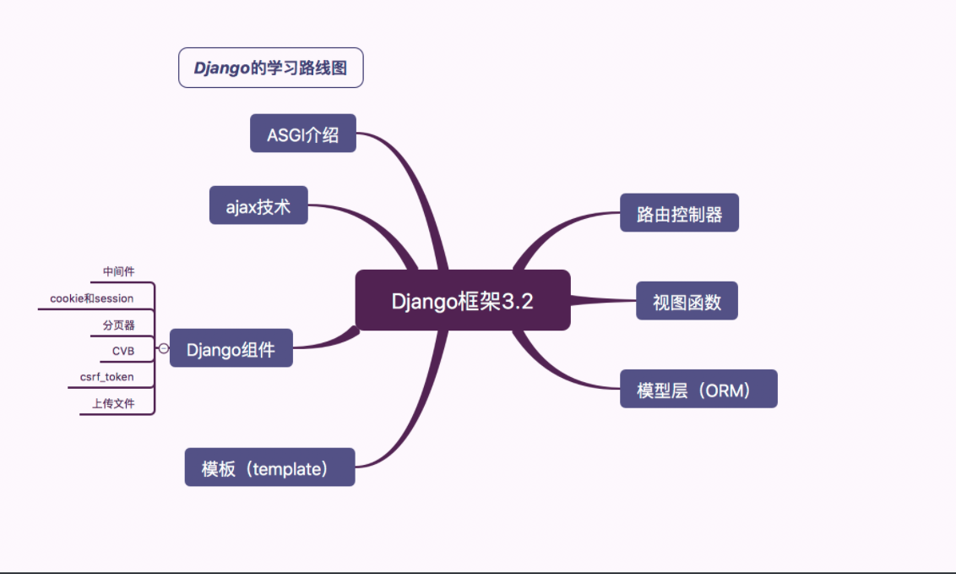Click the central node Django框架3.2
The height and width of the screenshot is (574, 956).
[x=463, y=301]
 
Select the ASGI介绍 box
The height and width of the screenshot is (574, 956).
[x=303, y=134]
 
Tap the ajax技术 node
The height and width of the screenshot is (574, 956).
[x=258, y=205]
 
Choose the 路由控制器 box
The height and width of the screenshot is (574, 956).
[x=679, y=213]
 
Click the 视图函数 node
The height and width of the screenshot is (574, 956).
[x=687, y=301]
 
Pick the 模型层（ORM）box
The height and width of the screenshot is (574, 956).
[x=698, y=389]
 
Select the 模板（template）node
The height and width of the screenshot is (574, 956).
[x=269, y=467]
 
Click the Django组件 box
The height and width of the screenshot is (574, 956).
[x=231, y=348]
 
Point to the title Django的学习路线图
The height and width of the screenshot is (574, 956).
[x=270, y=68]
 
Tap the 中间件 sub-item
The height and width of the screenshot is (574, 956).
[x=118, y=271]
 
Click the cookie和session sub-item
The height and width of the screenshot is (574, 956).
[x=91, y=298]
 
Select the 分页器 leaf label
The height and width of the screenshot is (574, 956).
[x=118, y=325]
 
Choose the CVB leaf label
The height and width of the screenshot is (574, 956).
[x=123, y=350]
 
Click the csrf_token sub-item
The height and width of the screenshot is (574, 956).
[x=106, y=377]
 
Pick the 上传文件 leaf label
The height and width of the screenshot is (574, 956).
[x=113, y=404]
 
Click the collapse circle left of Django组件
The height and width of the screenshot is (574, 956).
[x=163, y=348]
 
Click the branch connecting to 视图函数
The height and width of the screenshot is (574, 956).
[x=603, y=300]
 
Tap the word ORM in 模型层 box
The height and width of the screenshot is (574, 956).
[x=727, y=390]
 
